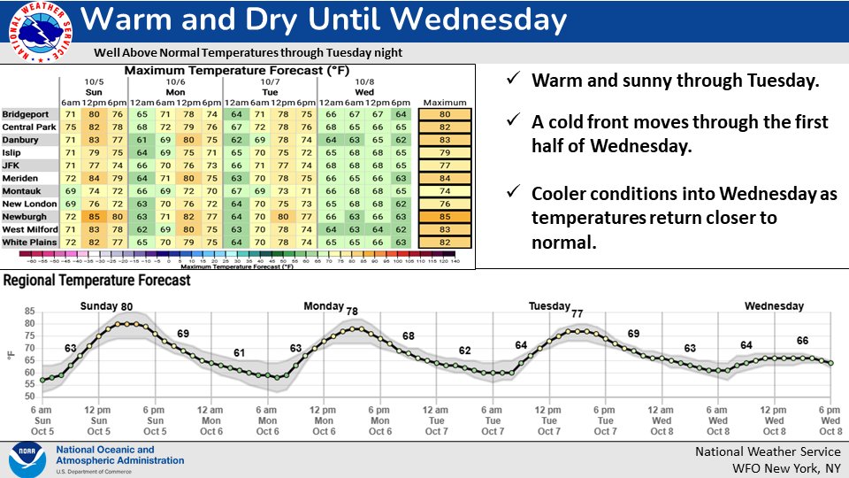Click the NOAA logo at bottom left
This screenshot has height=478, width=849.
[x=27, y=459]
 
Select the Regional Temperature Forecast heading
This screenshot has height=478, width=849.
[x=97, y=281]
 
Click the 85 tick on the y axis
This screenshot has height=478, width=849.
[x=29, y=311]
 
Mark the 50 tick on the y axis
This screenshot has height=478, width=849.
[x=29, y=396]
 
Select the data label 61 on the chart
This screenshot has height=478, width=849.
[x=239, y=353]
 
